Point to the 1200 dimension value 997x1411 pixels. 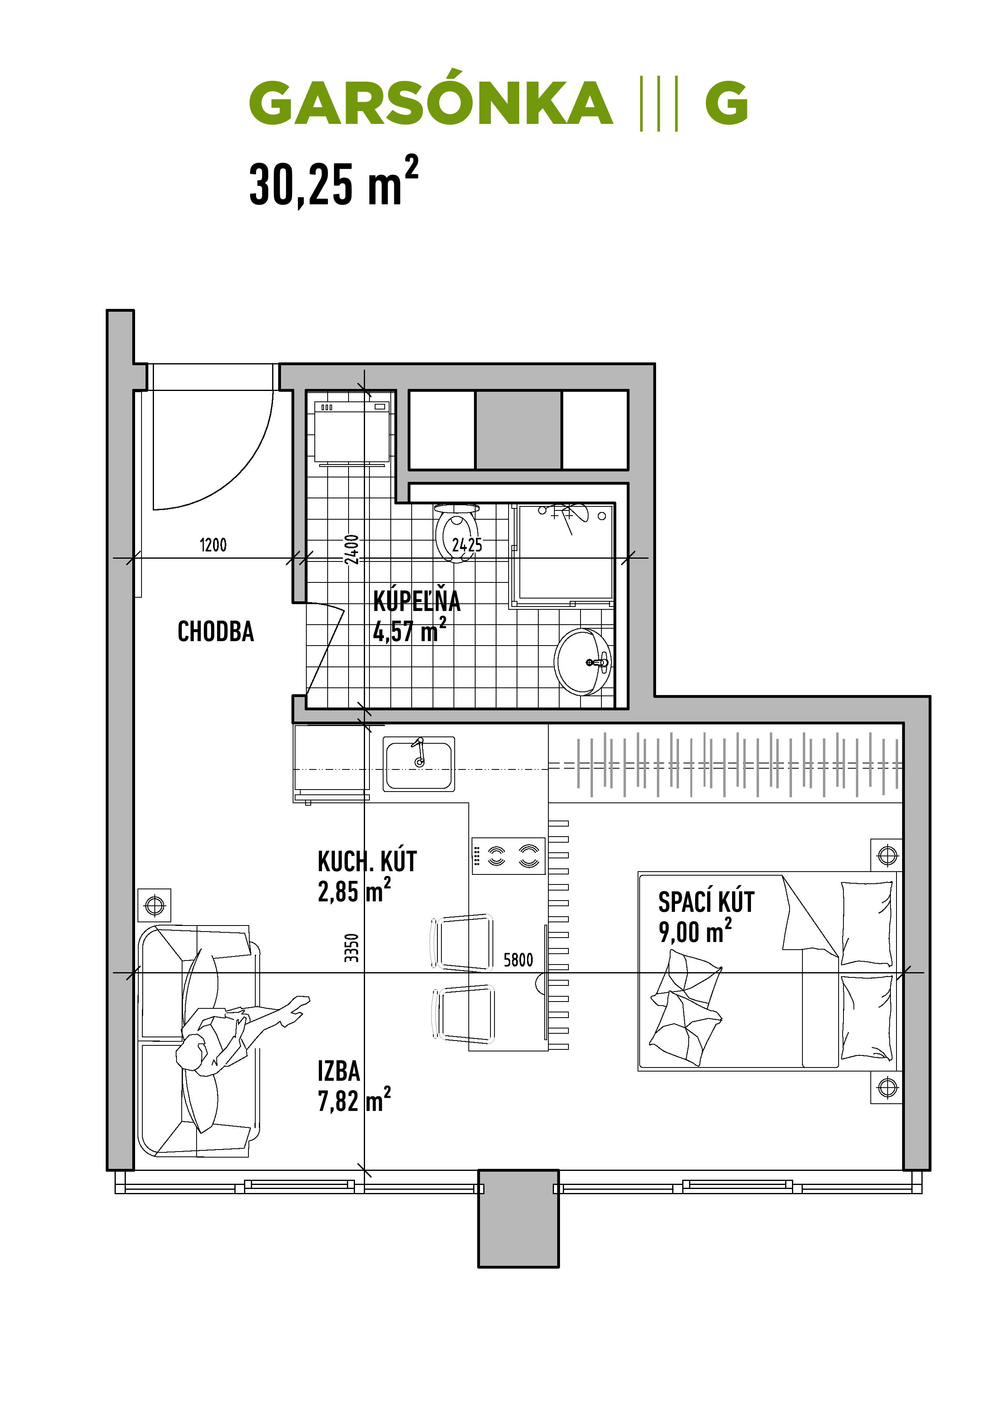point(213,545)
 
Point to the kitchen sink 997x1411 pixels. point(419,764)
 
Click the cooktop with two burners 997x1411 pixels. point(509,856)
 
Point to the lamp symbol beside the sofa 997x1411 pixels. point(155,905)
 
